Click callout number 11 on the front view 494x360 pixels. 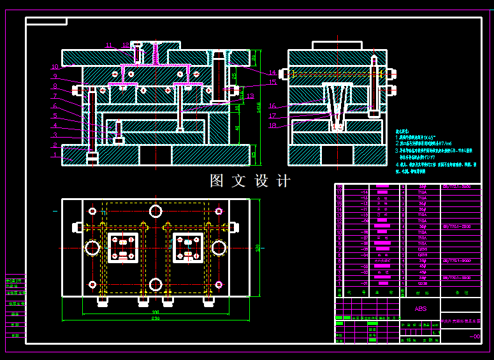109,45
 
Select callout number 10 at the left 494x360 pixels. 55,66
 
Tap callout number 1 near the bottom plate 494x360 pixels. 55,155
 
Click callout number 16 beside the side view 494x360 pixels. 272,106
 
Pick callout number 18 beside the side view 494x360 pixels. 272,126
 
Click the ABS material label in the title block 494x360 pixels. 421,308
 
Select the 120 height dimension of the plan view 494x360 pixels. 258,247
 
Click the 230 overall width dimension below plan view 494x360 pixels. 155,318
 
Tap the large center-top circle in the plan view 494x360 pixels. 156,210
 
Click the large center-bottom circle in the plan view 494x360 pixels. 156,284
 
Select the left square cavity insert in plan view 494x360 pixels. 122,247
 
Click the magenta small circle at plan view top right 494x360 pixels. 219,211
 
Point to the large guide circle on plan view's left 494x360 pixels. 92,247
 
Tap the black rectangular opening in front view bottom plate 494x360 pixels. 155,155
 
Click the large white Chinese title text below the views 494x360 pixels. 250,181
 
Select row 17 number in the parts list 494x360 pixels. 339,192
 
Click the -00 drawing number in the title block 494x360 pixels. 474,337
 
